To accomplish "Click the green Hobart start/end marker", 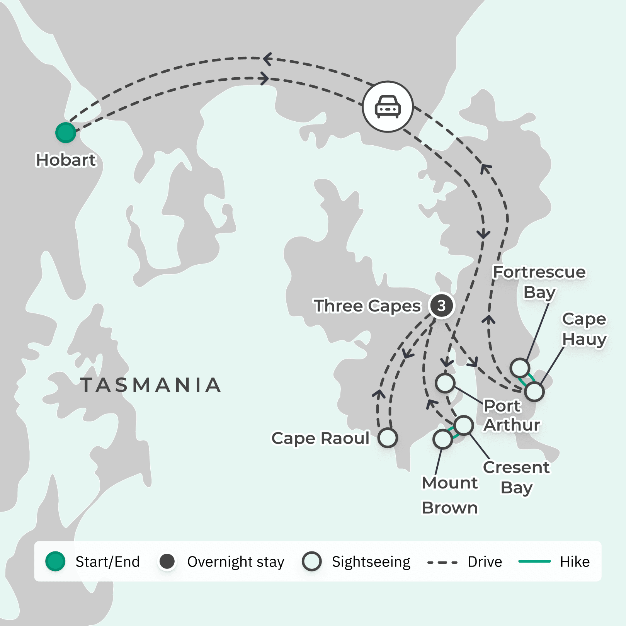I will point(66,133).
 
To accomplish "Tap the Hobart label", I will point(66,160).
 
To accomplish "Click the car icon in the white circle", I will point(388,107).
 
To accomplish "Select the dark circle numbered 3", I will point(441,306).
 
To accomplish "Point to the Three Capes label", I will point(367,306).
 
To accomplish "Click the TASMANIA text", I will point(151,385).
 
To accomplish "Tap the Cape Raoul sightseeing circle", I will point(388,438).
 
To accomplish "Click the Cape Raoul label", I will point(321,438).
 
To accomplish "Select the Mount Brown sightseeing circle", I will point(442,439).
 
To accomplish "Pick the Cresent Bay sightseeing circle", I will point(463,425).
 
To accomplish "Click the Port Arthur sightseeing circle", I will point(445,383).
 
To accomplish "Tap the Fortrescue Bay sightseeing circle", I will point(520,367).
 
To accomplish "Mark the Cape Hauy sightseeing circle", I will point(534,391).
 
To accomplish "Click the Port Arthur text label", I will point(511,415).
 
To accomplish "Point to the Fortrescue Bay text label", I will point(539,282).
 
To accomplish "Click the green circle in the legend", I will point(55,561).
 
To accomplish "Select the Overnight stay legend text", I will point(236,562).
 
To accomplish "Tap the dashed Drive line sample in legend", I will point(442,562).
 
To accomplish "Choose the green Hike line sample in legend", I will point(534,561).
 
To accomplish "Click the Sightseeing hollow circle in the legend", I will point(312,561).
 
